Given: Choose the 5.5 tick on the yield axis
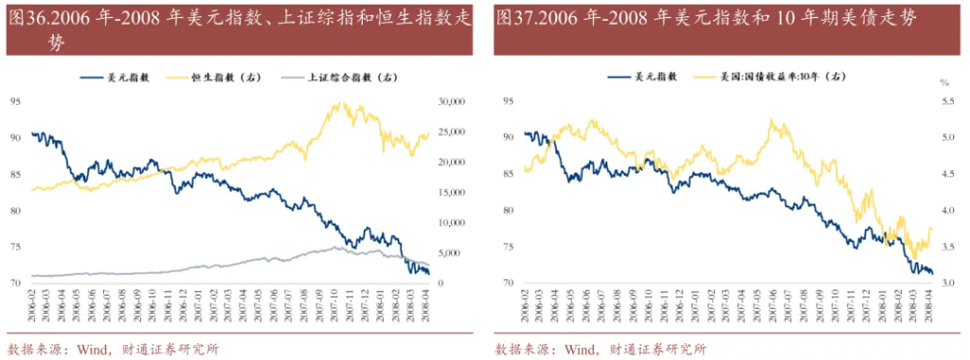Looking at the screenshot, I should (x=945, y=100).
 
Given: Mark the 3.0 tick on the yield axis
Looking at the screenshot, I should (x=945, y=283).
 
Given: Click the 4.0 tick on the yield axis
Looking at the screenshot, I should (x=945, y=210).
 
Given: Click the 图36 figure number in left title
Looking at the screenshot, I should (x=28, y=18).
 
